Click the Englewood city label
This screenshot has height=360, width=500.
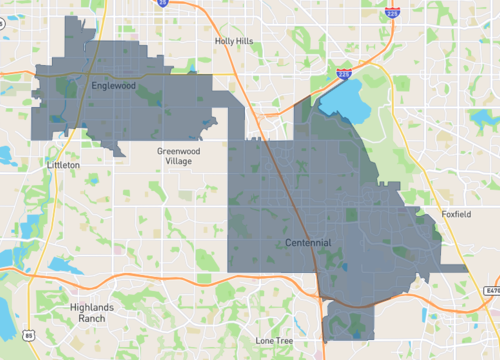(x=113, y=86)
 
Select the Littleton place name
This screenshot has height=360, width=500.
(x=63, y=163)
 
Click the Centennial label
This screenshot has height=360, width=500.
(x=308, y=243)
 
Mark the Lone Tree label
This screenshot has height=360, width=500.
(x=274, y=341)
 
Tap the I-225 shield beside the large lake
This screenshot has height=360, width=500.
(x=345, y=74)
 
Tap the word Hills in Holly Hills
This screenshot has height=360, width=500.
(x=246, y=42)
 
